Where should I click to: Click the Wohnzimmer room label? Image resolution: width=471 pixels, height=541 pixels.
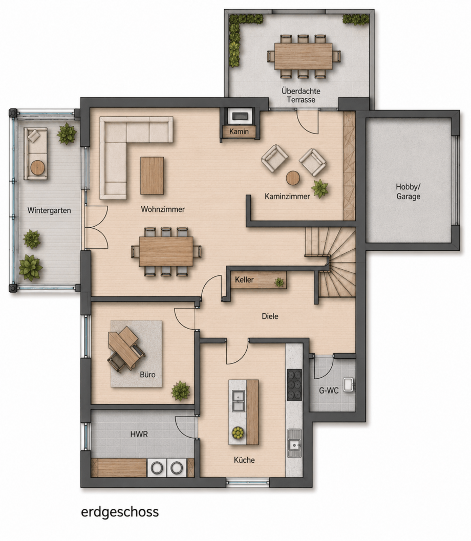point(162,209)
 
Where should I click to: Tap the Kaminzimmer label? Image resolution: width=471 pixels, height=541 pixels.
point(287,197)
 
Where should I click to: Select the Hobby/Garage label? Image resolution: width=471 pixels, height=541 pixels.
point(408,191)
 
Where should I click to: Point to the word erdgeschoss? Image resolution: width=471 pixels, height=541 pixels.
point(120,512)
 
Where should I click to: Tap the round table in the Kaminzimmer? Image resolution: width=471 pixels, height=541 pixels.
point(293,178)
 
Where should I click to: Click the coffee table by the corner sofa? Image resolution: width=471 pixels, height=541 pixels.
point(152,176)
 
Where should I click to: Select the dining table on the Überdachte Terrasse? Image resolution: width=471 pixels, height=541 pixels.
point(303,56)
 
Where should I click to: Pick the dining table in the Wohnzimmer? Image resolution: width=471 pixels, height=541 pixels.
point(166,251)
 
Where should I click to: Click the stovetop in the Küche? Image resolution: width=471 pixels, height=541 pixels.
point(294,385)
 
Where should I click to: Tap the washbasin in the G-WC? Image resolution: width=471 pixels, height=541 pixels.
point(349,385)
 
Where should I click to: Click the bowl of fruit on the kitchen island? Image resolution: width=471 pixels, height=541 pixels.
point(238,432)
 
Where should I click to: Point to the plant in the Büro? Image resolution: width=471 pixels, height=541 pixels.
point(180,391)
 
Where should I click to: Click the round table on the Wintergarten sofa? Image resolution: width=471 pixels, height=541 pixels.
point(37,168)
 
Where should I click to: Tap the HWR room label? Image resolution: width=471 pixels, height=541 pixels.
point(139,435)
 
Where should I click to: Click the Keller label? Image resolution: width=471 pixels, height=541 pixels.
point(244,280)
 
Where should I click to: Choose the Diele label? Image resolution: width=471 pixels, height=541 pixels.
point(270,316)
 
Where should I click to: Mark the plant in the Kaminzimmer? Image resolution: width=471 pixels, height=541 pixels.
point(320,189)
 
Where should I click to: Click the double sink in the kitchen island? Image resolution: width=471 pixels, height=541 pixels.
point(238,401)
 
